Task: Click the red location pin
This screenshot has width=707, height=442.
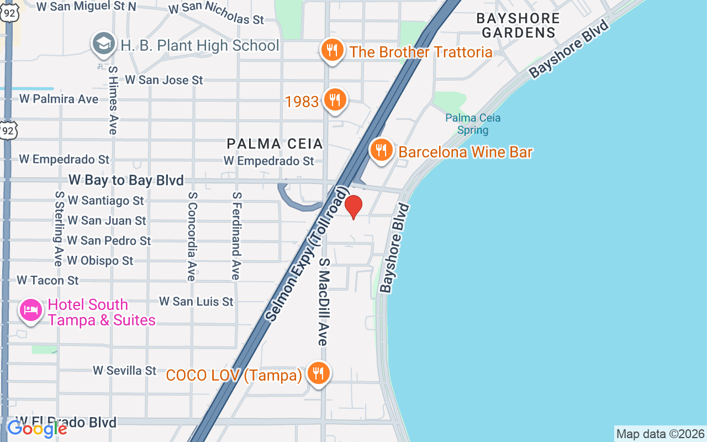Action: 353,207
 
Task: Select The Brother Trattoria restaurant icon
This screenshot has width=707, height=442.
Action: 331,51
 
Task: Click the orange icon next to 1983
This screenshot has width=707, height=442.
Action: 335,100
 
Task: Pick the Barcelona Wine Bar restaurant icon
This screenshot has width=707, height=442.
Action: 381,150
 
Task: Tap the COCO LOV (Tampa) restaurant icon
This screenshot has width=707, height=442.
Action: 318,373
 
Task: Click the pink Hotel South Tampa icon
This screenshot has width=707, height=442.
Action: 30,310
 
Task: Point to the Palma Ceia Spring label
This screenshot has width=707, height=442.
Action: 473,124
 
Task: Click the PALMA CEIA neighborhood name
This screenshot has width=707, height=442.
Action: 275,144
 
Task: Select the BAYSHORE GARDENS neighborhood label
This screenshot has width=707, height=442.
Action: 518,25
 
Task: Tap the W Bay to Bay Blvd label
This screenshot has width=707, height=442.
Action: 126,180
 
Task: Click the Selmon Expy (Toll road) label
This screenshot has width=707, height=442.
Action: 307,254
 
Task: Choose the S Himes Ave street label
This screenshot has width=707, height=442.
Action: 113,100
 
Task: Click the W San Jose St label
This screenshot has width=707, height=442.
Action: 164,80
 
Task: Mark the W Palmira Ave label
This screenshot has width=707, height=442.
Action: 59,99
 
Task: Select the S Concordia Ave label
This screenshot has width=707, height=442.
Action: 192,236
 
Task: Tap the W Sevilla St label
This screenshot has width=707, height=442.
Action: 125,370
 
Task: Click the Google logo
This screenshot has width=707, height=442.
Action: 37,429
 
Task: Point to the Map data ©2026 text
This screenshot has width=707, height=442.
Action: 660,434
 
